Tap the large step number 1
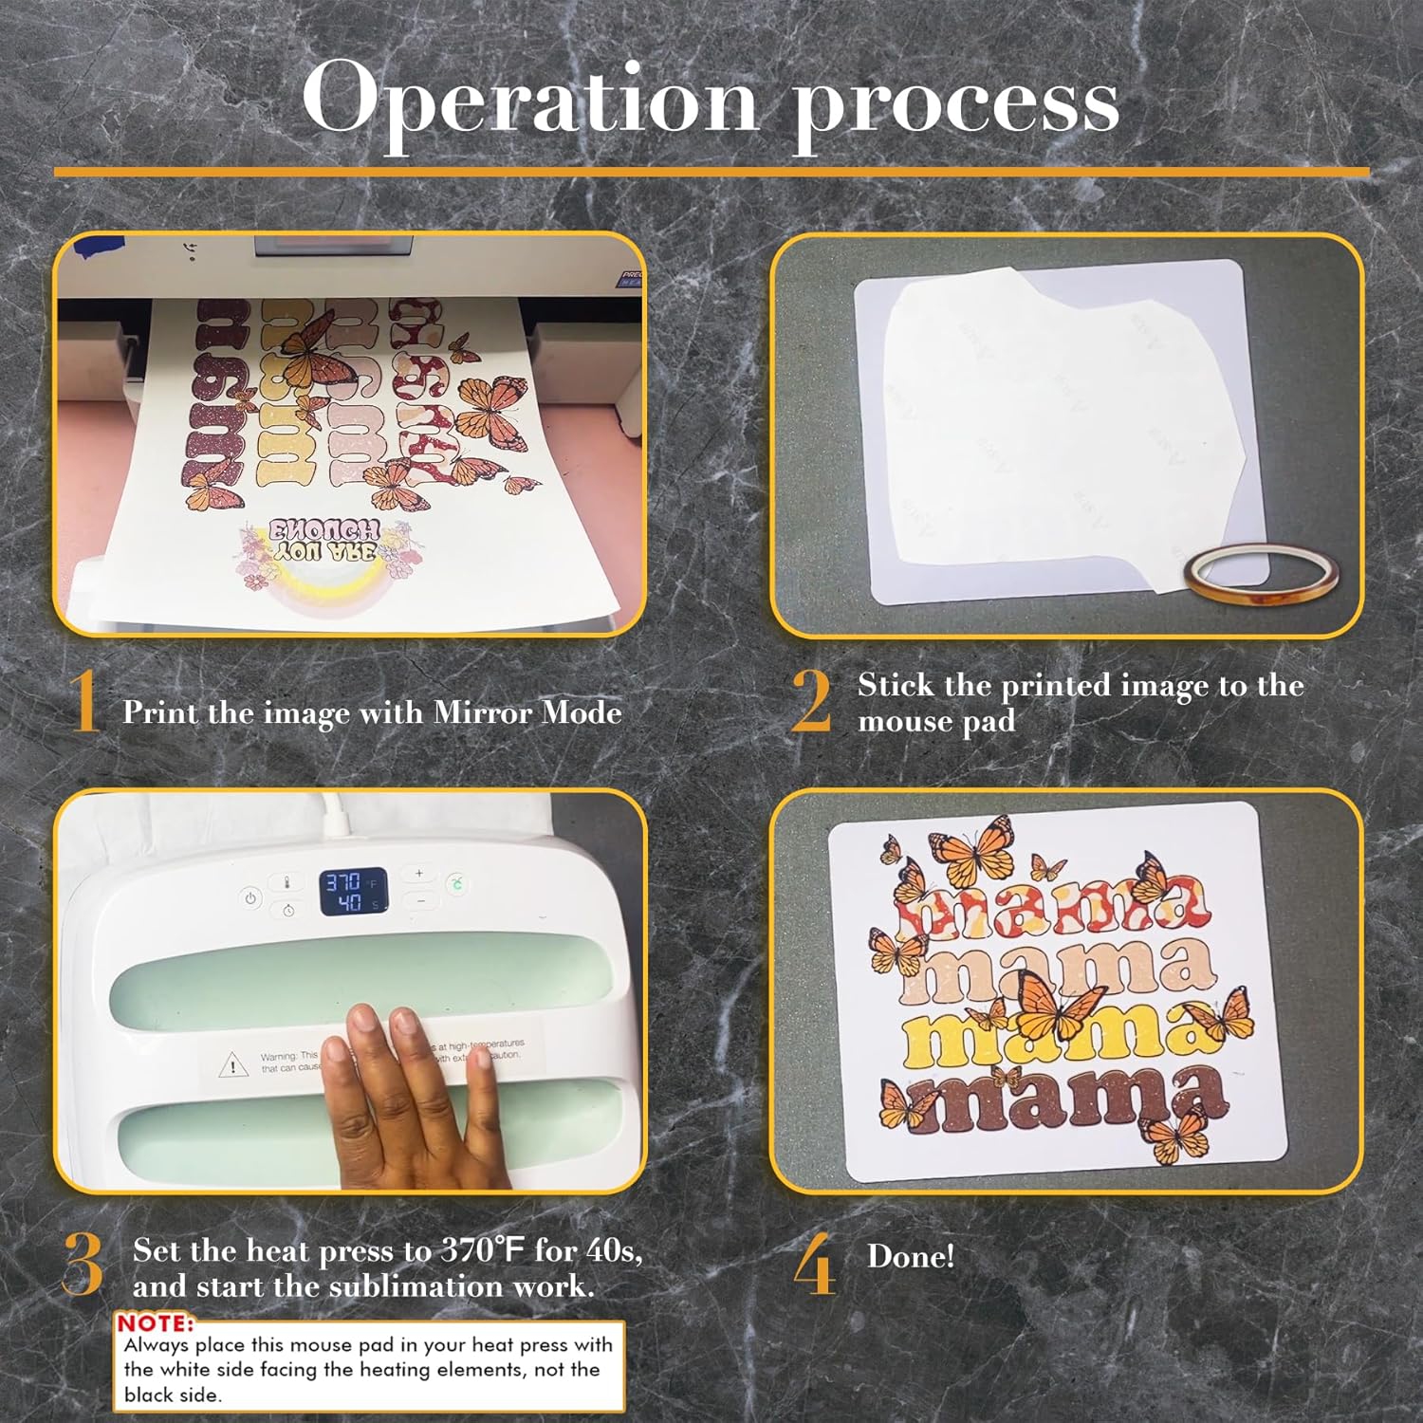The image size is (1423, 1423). click(x=85, y=702)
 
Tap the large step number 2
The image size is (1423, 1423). click(x=812, y=702)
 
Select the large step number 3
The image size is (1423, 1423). click(x=83, y=1266)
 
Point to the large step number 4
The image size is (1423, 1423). click(x=814, y=1266)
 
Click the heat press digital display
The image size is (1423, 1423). click(x=352, y=892)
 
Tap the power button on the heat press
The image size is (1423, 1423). click(x=250, y=897)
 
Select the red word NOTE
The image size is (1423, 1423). click(x=155, y=1322)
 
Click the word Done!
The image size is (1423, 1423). click(x=911, y=1256)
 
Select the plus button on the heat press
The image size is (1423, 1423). click(x=419, y=873)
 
